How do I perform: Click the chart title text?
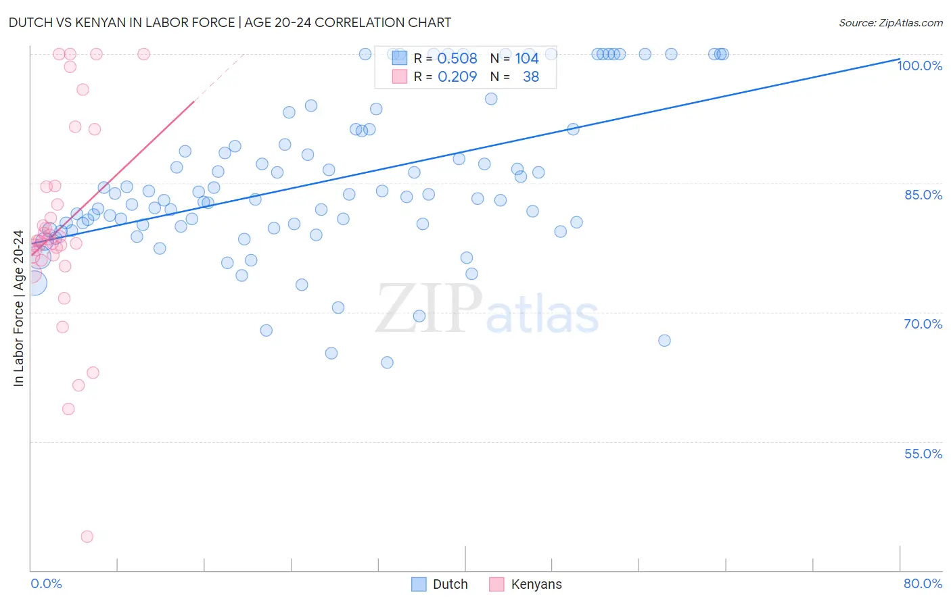coord(230,22)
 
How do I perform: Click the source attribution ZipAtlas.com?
coord(890,22)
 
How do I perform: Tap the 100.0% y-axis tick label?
coord(919,66)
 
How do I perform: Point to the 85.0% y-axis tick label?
coord(923,195)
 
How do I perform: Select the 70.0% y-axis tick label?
coord(923,324)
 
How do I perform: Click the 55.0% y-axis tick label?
coord(923,454)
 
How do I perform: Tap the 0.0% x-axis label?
coord(46,583)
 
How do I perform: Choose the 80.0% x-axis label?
coord(923,583)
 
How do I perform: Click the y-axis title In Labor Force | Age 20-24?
coord(18,308)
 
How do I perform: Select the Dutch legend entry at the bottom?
coord(440,584)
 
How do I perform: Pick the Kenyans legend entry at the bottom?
coord(526,584)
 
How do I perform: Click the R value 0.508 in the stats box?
coord(457,59)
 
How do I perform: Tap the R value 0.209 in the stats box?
coord(457,77)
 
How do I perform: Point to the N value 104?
coord(527,59)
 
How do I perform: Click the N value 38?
coord(531,77)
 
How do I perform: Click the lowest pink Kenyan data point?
coord(87,537)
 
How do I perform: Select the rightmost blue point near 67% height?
coord(664,341)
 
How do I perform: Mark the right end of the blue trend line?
coord(899,59)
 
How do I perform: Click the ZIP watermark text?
coord(429,308)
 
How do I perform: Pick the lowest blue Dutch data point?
coord(387,362)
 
